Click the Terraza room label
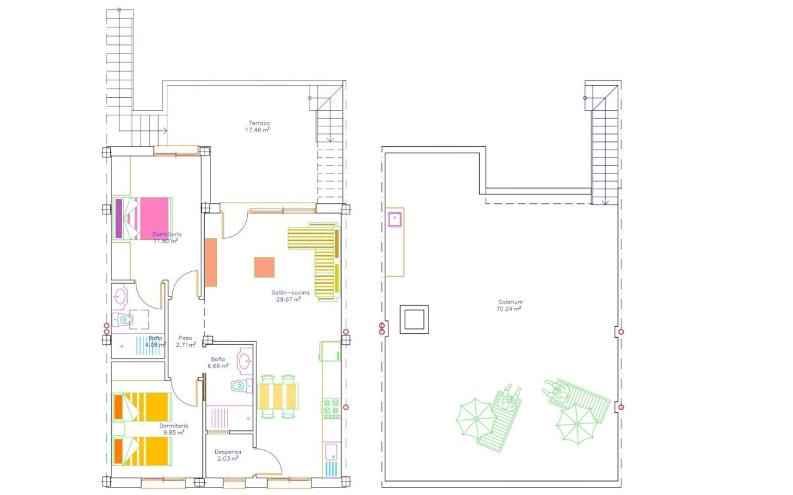[259, 123]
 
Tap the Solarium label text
[510, 302]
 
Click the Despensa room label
[228, 451]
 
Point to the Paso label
[185, 338]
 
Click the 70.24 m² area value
[510, 309]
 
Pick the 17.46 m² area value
[257, 130]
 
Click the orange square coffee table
[264, 267]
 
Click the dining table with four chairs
[278, 396]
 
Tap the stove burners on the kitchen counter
[331, 408]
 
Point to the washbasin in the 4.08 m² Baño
[120, 296]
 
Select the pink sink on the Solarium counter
[395, 219]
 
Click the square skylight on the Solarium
[414, 319]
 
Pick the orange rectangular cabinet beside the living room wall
[211, 262]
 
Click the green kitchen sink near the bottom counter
[331, 451]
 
